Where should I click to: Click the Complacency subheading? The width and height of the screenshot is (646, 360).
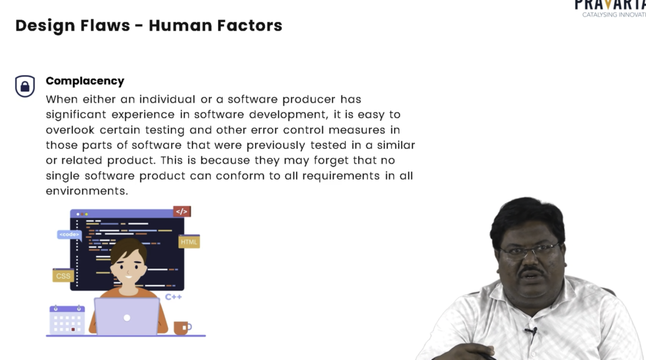[x=85, y=81]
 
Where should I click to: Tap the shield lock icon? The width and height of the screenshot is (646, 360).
[x=25, y=86]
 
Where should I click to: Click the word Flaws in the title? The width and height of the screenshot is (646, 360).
[x=105, y=26]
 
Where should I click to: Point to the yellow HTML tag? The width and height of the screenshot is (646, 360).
[x=189, y=241]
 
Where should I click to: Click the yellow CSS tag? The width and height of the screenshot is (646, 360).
[x=63, y=276]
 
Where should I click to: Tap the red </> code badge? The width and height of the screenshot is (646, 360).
[x=182, y=212]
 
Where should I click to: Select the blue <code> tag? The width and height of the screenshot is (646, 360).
[x=69, y=235]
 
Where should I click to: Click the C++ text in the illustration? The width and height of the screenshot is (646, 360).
[x=173, y=297]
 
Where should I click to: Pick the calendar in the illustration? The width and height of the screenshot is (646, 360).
[x=67, y=320]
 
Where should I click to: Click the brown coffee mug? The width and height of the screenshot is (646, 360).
[x=182, y=328]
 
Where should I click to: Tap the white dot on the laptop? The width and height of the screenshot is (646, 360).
[x=127, y=318]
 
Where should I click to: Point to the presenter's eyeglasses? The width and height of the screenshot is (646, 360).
[x=530, y=250]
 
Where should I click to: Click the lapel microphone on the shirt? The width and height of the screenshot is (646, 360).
[x=531, y=331]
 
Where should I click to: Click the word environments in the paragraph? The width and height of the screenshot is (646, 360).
[x=87, y=191]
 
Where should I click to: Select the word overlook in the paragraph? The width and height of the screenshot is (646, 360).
[x=70, y=130]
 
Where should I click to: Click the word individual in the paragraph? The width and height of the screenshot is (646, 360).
[x=167, y=99]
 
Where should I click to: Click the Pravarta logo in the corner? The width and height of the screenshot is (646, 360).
[x=610, y=8]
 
